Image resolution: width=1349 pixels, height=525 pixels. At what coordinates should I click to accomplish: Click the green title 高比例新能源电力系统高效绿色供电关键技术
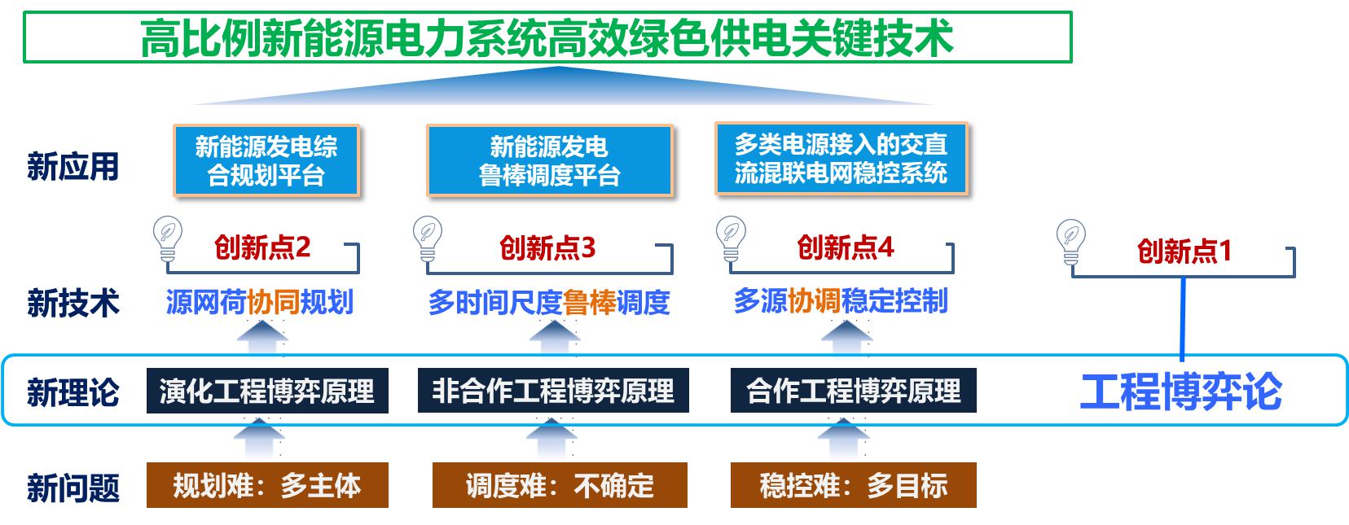(x=547, y=38)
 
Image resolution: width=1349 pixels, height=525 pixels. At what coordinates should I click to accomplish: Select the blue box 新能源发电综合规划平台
(x=267, y=160)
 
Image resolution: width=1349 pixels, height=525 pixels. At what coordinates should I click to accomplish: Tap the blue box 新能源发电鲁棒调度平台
(x=549, y=160)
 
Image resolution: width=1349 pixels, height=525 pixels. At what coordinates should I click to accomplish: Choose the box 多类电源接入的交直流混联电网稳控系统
(x=841, y=159)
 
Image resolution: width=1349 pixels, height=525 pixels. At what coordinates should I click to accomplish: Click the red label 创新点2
(x=262, y=247)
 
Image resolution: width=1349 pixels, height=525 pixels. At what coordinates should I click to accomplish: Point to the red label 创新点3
(x=547, y=247)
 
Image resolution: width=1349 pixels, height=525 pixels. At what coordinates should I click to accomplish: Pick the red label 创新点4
(x=846, y=247)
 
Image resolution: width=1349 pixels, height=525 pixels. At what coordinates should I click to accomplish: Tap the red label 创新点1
(x=1184, y=251)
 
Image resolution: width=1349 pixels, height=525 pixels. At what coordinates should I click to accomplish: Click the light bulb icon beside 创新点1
(x=1070, y=242)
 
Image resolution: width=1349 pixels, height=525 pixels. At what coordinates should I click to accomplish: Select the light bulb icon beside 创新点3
(x=428, y=238)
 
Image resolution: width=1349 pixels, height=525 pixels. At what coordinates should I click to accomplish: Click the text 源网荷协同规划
(x=260, y=302)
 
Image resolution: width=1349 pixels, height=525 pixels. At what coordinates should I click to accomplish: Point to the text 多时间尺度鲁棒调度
(x=549, y=302)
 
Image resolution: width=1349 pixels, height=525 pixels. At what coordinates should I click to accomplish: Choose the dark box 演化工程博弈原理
(x=267, y=391)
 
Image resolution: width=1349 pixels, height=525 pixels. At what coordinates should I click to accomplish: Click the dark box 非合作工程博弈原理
(x=553, y=391)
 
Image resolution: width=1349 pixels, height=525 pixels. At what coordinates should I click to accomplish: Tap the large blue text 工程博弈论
(x=1181, y=392)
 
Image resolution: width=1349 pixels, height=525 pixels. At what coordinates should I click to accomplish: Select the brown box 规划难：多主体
(x=267, y=485)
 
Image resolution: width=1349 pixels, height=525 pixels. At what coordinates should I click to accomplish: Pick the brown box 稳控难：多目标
(x=854, y=485)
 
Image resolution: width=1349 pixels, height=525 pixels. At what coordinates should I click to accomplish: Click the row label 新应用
(x=73, y=167)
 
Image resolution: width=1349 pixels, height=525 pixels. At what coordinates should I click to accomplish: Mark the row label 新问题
(x=73, y=488)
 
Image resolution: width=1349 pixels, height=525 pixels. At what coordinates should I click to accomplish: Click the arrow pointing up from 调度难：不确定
(x=551, y=438)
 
